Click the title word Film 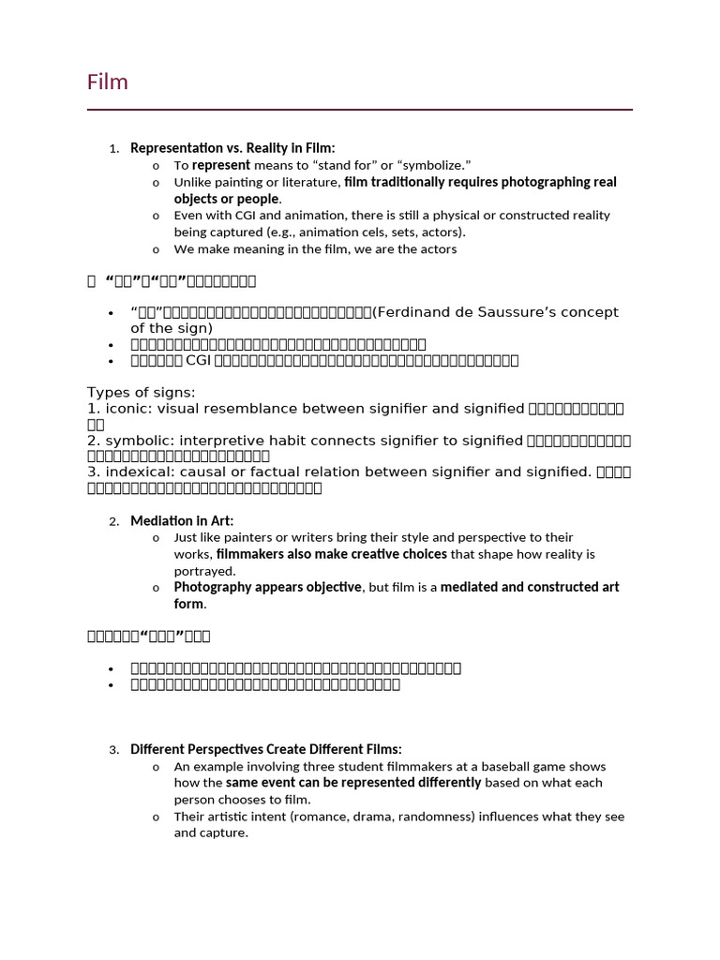[108, 82]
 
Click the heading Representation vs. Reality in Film [232, 148]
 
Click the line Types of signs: [142, 392]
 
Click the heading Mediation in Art [182, 520]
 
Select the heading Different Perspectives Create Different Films [265, 749]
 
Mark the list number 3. [113, 750]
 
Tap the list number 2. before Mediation [113, 521]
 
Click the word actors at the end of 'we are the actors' [436, 249]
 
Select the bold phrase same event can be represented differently [353, 783]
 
